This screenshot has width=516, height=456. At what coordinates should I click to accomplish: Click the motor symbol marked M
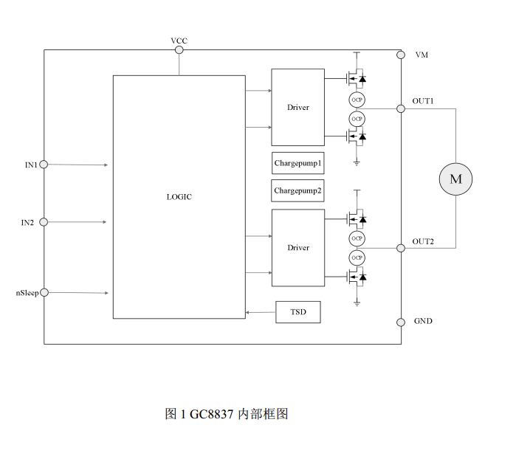pos(455,179)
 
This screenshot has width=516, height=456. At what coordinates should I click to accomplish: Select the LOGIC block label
pos(179,197)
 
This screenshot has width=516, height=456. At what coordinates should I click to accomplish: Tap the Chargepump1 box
pos(298,162)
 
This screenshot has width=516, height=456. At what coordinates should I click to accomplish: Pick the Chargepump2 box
pos(298,190)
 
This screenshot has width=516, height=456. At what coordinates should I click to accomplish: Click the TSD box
pos(298,312)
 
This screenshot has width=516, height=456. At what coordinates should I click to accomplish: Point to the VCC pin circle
pos(179,50)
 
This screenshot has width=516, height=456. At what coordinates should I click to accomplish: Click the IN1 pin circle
pos(44,165)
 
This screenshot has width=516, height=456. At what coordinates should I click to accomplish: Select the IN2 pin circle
pos(44,221)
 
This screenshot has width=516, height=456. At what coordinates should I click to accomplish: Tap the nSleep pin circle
pos(44,293)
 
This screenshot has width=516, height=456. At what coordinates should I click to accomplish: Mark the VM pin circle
pos(401,55)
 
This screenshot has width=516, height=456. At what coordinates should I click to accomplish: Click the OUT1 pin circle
pos(401,108)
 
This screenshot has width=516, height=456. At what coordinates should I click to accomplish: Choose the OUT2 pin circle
pos(401,248)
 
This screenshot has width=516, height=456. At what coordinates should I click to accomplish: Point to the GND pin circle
pos(401,322)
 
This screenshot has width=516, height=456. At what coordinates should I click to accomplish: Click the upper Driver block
pos(298,107)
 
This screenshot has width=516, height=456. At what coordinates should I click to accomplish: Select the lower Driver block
pos(298,248)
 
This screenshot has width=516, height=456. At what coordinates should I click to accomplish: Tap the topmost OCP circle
pos(357,99)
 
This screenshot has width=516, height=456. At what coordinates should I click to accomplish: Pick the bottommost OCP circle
pos(357,258)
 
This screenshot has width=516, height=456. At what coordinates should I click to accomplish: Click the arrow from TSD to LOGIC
pos(260,312)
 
